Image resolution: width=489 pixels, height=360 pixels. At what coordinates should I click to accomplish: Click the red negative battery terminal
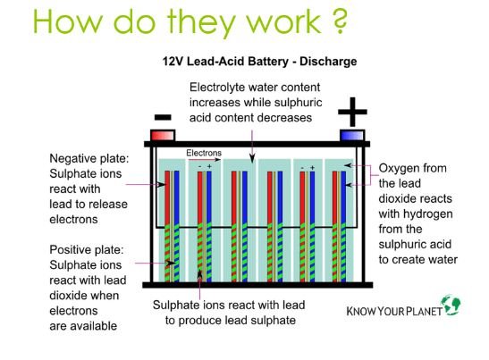pos(163,136)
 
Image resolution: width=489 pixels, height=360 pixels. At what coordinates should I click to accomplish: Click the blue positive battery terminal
pos(352,136)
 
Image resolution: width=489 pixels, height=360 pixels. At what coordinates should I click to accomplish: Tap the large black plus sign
pos(352,112)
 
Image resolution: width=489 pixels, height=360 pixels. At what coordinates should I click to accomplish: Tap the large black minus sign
pos(163,117)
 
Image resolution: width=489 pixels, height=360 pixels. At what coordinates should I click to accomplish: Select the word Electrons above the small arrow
pos(204,153)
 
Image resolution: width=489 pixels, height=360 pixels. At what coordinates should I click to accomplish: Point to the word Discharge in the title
pos(328,61)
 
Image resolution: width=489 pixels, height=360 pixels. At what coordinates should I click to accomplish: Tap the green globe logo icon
pos(451,305)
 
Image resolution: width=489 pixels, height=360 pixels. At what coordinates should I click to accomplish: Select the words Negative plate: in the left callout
pos(89,159)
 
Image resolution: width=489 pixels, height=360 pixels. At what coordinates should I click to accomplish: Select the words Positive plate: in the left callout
pos(87,249)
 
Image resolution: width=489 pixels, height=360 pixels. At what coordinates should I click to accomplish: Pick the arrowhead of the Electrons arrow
pos(217,160)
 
